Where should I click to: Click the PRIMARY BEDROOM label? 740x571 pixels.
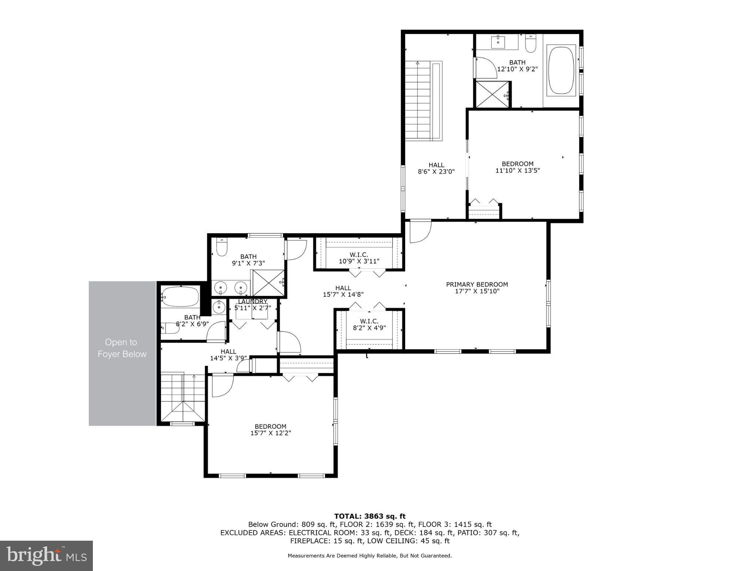pos(477,284)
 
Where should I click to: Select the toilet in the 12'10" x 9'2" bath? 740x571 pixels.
pos(531,44)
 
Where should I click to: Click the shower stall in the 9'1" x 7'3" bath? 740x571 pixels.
pos(268,283)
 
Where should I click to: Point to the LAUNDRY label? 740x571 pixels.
pos(252,302)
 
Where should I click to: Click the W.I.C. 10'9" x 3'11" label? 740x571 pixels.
pos(359,258)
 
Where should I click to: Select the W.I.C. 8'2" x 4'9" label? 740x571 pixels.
pos(369,324)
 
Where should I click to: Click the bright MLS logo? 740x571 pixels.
pos(46,555)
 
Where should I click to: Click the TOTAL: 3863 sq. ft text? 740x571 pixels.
pos(370,516)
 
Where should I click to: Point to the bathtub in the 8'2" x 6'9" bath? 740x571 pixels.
pos(181,296)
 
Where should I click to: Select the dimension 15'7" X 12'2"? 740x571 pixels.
pos(270,433)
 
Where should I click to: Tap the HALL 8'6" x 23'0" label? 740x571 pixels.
pos(436,168)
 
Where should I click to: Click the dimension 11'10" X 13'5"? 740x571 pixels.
pos(517,170)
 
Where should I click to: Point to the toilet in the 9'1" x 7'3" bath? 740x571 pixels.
pos(222,248)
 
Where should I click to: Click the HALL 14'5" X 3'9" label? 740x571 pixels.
pos(228,355)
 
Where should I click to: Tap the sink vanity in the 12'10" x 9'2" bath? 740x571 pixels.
pos(498,42)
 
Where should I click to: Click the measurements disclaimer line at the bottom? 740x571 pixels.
pos(370,555)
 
